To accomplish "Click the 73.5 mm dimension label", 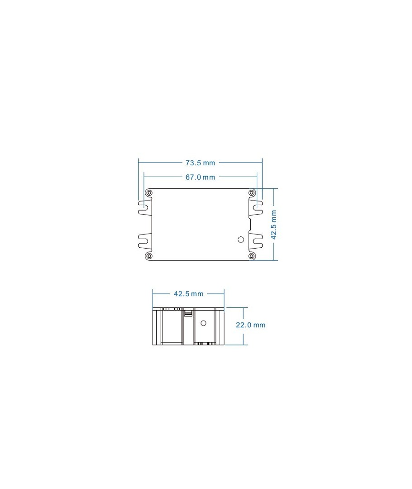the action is point(200,163).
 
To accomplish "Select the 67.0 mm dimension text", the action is point(200,177).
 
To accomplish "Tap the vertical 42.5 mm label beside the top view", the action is point(273,225).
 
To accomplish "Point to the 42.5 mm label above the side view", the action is point(188,294).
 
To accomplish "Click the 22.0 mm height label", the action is point(250,325).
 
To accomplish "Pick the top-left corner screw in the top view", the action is point(149,193).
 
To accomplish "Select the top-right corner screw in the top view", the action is point(251,193).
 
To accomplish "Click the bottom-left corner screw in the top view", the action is point(149,256).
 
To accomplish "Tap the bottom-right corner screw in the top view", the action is point(251,256).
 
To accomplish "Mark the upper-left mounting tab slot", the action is point(143,207).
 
